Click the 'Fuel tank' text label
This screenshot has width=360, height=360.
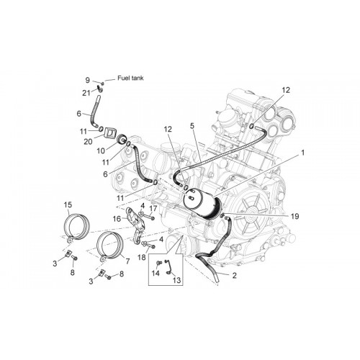pyautogui.click(x=130, y=78)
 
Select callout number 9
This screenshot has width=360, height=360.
pyautogui.click(x=87, y=80)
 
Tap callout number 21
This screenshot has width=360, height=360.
pyautogui.click(x=86, y=93)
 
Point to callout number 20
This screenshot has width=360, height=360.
pyautogui.click(x=88, y=142)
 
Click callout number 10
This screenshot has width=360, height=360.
pyautogui.click(x=101, y=150)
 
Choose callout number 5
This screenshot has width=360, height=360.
pyautogui.click(x=192, y=126)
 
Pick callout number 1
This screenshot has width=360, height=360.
pyautogui.click(x=303, y=153)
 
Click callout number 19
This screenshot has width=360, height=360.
pyautogui.click(x=295, y=216)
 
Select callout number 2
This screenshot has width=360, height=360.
pyautogui.click(x=234, y=275)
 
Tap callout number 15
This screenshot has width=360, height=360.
pyautogui.click(x=68, y=204)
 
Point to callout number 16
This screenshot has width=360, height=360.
pyautogui.click(x=117, y=219)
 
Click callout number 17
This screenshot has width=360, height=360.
pyautogui.click(x=153, y=208)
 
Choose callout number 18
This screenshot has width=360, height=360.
pyautogui.click(x=142, y=258)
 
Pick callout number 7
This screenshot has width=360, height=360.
pyautogui.click(x=127, y=261)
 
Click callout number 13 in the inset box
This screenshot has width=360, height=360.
pyautogui.click(x=176, y=280)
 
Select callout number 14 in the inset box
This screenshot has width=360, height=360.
pyautogui.click(x=156, y=273)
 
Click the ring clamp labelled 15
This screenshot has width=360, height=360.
pyautogui.click(x=66, y=225)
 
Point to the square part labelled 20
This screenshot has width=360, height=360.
pyautogui.click(x=109, y=132)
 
